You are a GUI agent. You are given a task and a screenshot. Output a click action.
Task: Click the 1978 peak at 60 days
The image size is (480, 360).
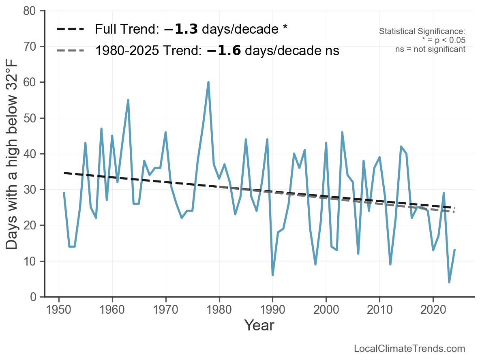click(x=208, y=82)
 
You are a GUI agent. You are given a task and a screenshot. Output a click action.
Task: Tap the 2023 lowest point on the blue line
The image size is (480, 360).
click(x=449, y=282)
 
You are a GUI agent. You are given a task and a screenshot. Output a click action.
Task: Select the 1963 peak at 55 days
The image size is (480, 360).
click(x=128, y=100)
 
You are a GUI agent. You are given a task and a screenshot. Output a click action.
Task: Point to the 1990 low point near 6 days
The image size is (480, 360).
click(x=272, y=275)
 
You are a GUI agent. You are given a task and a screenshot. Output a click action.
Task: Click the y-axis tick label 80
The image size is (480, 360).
click(x=31, y=11)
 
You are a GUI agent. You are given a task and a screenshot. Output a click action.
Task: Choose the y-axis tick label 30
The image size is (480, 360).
click(x=31, y=190)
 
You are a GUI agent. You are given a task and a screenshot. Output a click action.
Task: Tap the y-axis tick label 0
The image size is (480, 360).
click(x=33, y=297)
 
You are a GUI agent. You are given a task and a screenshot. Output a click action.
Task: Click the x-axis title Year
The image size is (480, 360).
click(x=259, y=325)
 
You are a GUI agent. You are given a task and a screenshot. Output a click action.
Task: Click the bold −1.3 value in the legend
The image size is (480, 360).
click(x=181, y=29)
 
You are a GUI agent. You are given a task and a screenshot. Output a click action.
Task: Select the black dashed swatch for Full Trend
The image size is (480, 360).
click(x=71, y=29)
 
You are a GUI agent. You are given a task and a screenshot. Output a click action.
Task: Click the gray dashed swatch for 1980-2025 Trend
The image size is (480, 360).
click(x=71, y=51)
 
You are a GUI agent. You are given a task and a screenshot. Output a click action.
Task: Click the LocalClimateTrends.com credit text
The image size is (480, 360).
click(x=409, y=349)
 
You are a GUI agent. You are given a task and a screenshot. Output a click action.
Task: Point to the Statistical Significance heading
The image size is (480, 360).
click(x=422, y=31)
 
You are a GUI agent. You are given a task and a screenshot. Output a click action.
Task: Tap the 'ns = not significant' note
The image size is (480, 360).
click(x=430, y=49)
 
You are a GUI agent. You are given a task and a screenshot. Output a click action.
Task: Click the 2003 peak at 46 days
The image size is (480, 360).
click(x=342, y=132)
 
